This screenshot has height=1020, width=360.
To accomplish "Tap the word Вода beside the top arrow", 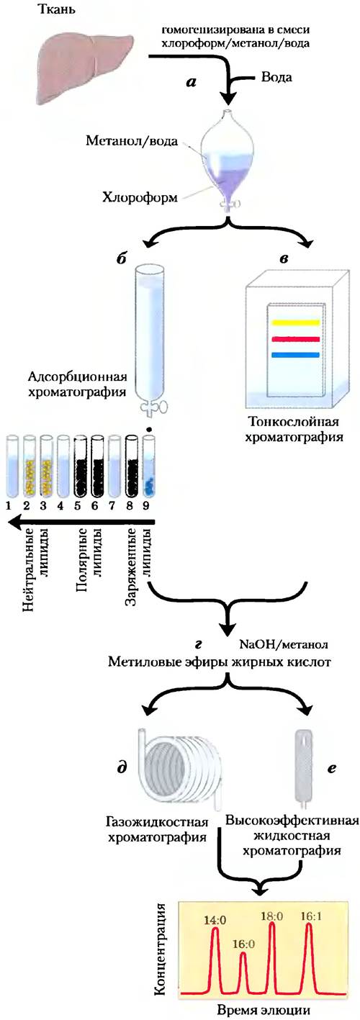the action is (x=276, y=76).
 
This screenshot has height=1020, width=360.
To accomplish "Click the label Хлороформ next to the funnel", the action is (x=140, y=197).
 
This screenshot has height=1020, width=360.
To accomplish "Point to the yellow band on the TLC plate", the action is (x=296, y=322).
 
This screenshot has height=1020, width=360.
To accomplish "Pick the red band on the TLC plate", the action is (x=296, y=339).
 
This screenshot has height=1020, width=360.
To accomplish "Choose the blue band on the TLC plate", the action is (x=296, y=355).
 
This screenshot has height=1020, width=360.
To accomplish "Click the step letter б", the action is (x=120, y=257).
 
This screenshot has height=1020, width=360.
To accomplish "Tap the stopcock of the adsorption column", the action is (x=152, y=407).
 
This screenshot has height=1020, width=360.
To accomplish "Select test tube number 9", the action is (x=148, y=466).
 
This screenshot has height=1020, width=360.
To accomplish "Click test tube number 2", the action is (x=30, y=466).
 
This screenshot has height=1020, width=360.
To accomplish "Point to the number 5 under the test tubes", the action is (x=78, y=505).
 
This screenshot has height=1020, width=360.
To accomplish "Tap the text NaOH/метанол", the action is (x=284, y=645).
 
